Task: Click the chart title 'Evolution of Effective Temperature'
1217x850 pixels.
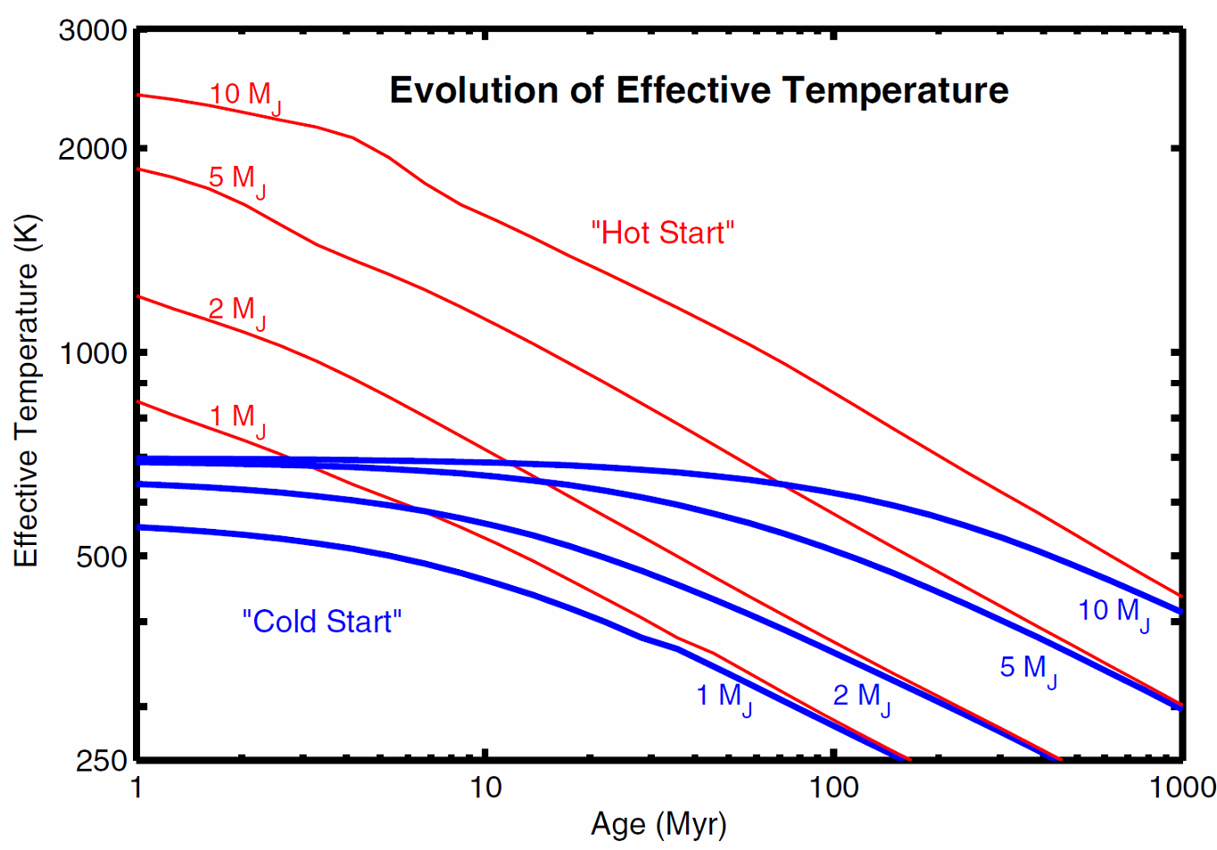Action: point(699,90)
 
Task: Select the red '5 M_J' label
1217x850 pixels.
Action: point(236,179)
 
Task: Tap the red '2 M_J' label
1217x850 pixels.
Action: point(236,311)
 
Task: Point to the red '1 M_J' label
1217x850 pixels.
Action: point(236,418)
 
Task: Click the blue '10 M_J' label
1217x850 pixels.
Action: point(1113,613)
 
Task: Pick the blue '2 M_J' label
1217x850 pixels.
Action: point(861,697)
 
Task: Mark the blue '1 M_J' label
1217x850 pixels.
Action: point(724,697)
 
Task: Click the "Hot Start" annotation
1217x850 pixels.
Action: point(662,233)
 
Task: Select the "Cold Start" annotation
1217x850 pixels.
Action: point(322,622)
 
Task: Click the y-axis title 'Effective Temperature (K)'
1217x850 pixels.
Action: point(26,391)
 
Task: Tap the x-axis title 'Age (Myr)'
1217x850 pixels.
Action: point(658,823)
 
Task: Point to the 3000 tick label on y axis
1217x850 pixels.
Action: point(93,30)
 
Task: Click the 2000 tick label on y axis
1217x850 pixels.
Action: point(93,149)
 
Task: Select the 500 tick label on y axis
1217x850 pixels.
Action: point(101,557)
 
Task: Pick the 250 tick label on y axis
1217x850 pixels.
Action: point(101,761)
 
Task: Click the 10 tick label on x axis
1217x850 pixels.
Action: point(484,788)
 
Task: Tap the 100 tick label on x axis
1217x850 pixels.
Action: point(833,788)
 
